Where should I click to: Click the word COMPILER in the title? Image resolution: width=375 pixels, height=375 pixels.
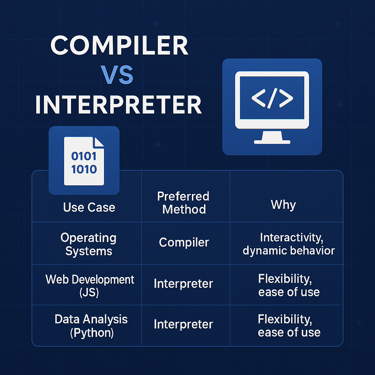(x=119, y=47)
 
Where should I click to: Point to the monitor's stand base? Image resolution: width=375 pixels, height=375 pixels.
(x=272, y=141)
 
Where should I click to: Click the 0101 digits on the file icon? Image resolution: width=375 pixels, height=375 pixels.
(x=84, y=156)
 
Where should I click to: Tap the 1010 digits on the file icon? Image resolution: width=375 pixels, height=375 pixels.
(x=84, y=169)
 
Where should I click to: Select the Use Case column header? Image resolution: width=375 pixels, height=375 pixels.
(x=89, y=207)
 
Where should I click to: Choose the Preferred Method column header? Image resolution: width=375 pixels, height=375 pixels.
(x=183, y=203)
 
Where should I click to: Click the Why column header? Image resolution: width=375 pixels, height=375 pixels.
(x=283, y=204)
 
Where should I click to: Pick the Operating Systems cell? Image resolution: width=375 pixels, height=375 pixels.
(x=88, y=244)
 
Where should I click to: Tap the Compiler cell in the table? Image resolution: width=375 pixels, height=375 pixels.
(x=184, y=242)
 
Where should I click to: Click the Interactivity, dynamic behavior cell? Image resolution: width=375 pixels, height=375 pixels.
(x=289, y=244)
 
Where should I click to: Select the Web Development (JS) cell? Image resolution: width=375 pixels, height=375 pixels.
(x=90, y=286)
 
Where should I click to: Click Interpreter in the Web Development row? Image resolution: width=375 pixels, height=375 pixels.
(x=183, y=284)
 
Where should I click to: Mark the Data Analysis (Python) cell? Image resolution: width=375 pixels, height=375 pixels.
(x=91, y=325)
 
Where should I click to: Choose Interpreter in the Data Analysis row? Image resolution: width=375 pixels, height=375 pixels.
(x=183, y=324)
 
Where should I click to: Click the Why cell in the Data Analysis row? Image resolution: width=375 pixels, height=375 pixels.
(x=289, y=326)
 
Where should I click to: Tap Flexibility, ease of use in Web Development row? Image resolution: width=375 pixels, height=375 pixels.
(x=289, y=285)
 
